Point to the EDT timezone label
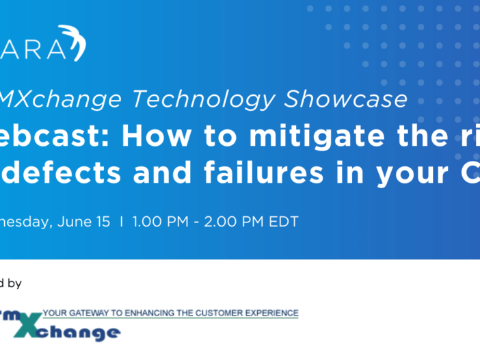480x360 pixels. [284, 222]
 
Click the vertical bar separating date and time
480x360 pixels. [122, 222]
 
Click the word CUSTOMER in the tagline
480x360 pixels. [223, 313]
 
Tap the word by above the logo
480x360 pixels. [14, 282]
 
